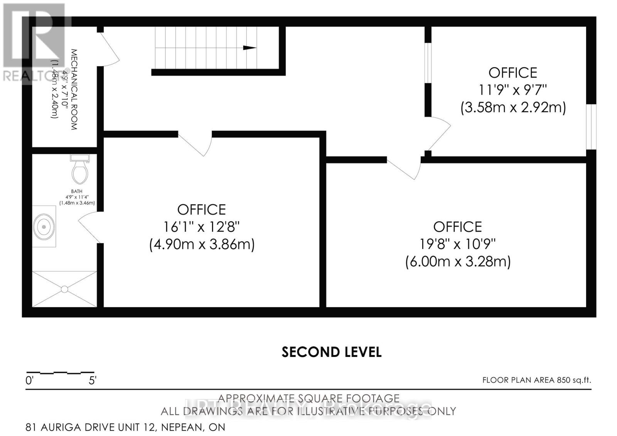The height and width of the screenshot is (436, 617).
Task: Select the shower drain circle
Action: [64, 289]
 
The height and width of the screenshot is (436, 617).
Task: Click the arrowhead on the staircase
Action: [249, 48]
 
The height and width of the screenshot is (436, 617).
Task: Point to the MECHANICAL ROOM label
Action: [74, 89]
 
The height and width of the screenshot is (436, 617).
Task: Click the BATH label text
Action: [76, 191]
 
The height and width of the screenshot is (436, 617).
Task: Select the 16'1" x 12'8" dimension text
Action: [201, 227]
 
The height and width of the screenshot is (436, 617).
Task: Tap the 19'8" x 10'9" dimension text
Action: [457, 244]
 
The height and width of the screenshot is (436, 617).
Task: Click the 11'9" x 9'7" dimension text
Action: [512, 90]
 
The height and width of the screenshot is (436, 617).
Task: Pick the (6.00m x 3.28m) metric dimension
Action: [458, 262]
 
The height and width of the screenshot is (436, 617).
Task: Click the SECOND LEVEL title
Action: [331, 352]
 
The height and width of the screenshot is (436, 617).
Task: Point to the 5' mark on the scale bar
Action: [93, 381]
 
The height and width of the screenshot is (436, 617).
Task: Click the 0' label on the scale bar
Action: [30, 381]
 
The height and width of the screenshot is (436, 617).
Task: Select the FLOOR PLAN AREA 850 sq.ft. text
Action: [536, 380]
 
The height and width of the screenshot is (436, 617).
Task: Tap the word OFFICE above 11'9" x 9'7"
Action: [512, 73]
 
